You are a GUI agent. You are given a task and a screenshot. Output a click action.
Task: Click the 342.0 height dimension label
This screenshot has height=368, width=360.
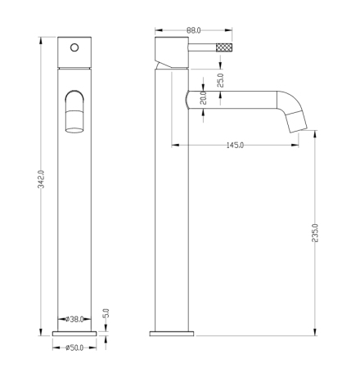[x=41, y=179]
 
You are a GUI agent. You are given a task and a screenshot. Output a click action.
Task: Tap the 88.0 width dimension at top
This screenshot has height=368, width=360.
[x=194, y=30]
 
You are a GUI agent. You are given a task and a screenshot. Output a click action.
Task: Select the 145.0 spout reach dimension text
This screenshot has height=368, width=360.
[x=235, y=145]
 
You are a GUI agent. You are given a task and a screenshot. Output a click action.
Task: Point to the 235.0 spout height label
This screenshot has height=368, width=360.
[x=315, y=233]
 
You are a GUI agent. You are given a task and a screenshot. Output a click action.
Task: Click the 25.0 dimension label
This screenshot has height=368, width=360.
[x=220, y=80]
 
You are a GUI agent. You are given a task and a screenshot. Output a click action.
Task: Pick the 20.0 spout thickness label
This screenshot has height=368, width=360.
[x=203, y=98]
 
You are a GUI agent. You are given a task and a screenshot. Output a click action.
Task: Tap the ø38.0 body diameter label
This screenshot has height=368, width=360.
[x=74, y=319]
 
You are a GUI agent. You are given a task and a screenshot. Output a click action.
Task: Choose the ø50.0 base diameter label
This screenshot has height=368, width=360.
[x=74, y=348]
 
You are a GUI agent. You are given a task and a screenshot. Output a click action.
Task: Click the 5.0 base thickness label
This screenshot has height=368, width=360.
[x=106, y=313]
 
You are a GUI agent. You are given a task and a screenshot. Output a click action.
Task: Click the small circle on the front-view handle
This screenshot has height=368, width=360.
[x=74, y=47]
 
